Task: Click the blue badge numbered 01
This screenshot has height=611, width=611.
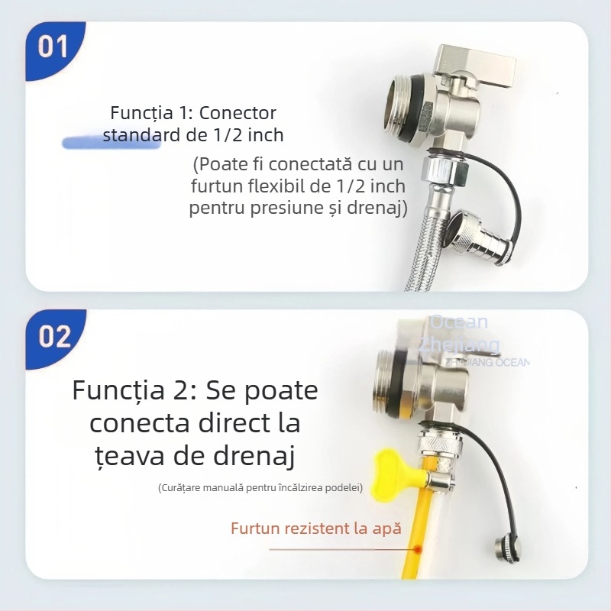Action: [53, 47]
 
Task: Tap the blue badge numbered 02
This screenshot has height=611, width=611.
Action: [54, 337]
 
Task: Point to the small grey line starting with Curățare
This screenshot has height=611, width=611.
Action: [260, 487]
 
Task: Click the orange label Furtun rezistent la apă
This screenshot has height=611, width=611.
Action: [316, 528]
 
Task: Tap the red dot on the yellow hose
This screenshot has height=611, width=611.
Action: [418, 549]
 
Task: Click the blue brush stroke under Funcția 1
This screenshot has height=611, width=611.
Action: [111, 142]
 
